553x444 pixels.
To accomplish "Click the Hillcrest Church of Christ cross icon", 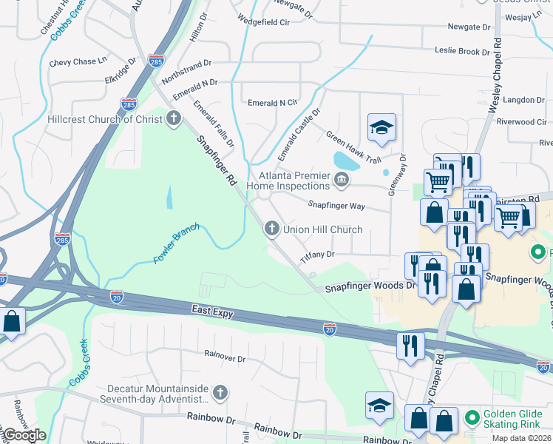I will (x=173, y=118).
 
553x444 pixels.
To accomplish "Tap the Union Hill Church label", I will (x=323, y=229).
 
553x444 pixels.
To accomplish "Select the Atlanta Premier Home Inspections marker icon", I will (x=342, y=178).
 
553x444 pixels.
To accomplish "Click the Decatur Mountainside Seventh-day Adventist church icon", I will (x=220, y=392).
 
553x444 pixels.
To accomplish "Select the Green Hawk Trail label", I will (x=353, y=147).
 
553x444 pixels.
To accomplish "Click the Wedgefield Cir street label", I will (x=263, y=22).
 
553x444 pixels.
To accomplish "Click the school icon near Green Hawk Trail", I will (x=381, y=128).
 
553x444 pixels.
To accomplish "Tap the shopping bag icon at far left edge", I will (x=11, y=321).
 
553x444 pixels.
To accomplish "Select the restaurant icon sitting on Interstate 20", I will (x=410, y=346).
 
